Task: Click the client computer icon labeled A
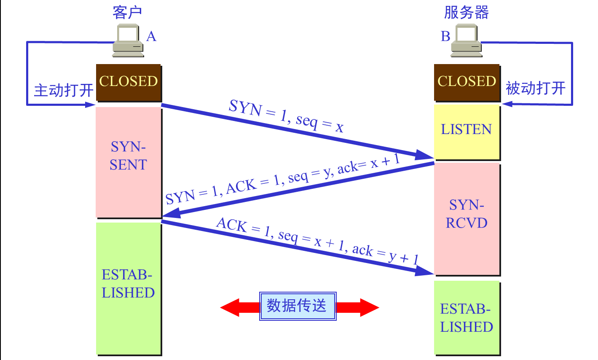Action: click(128, 41)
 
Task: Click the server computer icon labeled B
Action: click(466, 41)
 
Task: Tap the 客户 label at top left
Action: click(127, 13)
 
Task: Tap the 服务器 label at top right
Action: click(466, 13)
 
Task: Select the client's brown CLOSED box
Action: click(129, 82)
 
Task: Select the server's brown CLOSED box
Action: click(467, 82)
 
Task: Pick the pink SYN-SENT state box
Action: click(129, 162)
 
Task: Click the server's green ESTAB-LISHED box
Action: click(467, 318)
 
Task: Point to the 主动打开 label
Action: click(63, 90)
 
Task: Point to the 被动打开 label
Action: click(535, 89)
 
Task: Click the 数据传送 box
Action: click(298, 306)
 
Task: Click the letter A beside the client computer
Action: click(151, 37)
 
